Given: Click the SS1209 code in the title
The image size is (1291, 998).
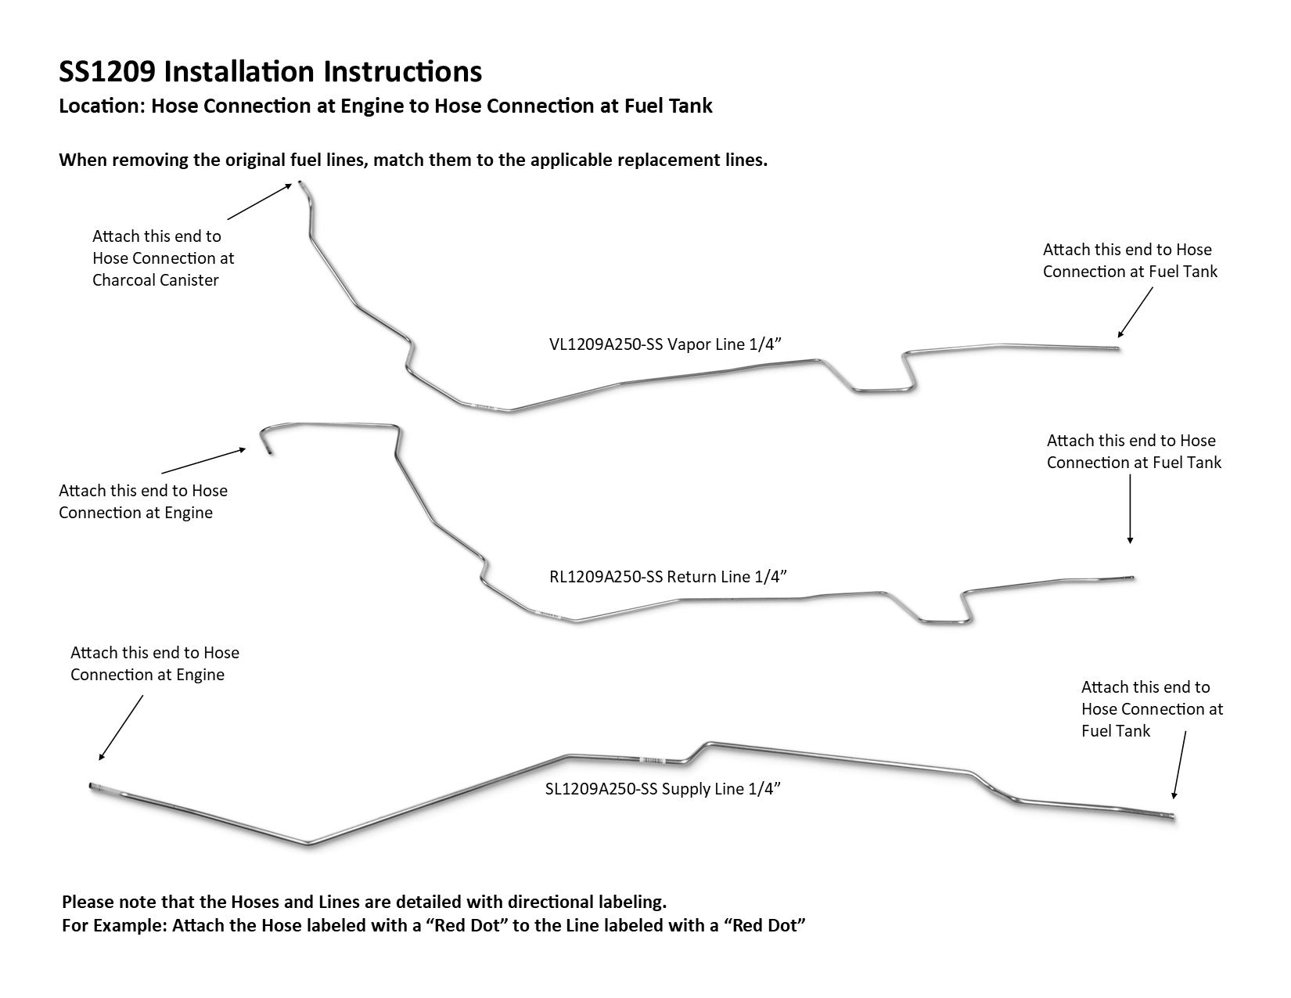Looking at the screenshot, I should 107,72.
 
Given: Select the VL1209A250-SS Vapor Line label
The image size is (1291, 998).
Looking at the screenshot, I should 666,344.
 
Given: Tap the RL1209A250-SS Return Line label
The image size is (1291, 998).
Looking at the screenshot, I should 667,577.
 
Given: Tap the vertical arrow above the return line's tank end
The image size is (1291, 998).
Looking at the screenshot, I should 1130,509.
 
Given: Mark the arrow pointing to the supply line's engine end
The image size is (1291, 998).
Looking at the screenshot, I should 121,727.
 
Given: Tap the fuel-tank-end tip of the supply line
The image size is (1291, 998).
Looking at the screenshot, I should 1171,817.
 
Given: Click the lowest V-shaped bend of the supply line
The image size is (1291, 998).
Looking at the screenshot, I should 307,844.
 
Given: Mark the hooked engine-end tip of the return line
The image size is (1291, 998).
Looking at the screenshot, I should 269,452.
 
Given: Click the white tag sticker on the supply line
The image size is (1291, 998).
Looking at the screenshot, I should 651,760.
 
